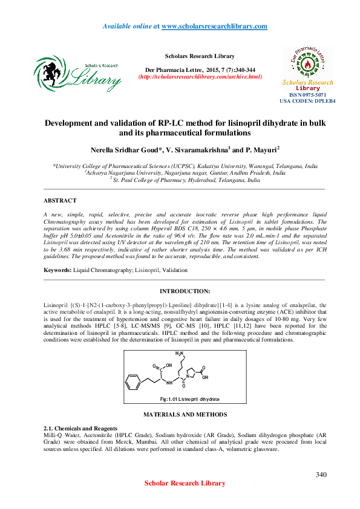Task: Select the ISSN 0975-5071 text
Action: (x=307, y=95)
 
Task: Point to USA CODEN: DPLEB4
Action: (x=307, y=101)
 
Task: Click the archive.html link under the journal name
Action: (x=200, y=77)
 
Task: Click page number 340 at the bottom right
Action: (x=321, y=475)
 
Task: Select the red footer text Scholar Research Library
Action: (x=185, y=483)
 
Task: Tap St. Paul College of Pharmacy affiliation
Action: (x=185, y=180)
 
